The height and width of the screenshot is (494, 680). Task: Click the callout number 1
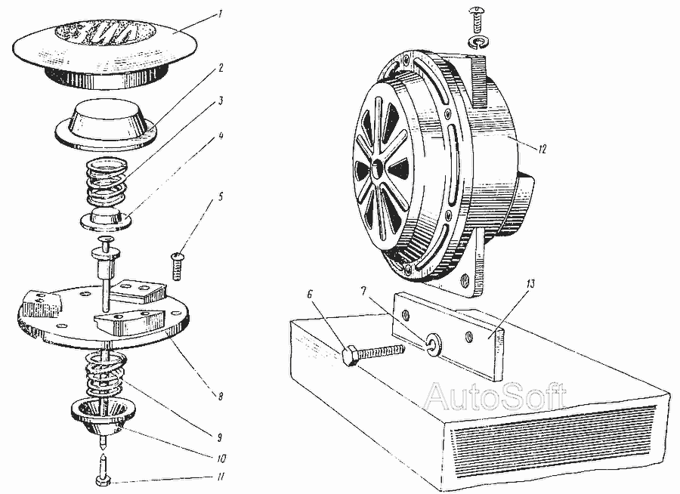click(221, 14)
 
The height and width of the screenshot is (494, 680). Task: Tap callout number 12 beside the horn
click(542, 150)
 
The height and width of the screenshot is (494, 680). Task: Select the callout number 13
click(531, 284)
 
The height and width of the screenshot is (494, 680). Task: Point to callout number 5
click(221, 197)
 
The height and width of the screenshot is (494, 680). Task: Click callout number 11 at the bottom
click(221, 477)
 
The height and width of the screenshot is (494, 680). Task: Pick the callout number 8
click(221, 396)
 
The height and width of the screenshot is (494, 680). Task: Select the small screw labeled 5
click(176, 265)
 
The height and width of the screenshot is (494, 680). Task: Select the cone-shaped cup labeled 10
click(104, 418)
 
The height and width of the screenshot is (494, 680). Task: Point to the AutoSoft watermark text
click(494, 397)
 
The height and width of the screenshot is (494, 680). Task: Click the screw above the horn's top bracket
click(476, 19)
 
